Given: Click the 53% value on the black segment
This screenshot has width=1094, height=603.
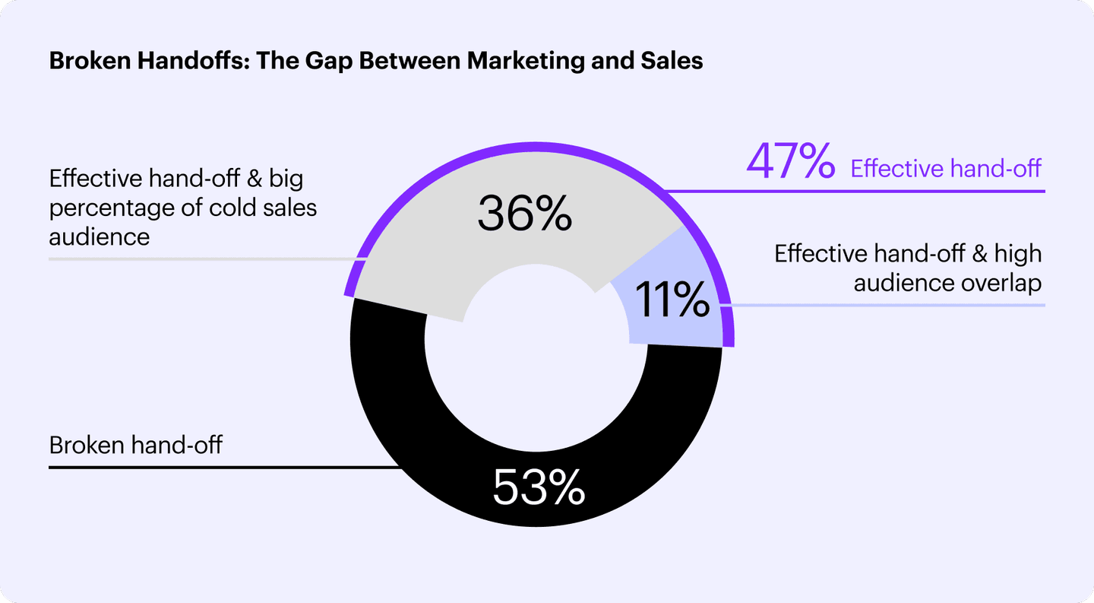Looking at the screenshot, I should click(539, 487).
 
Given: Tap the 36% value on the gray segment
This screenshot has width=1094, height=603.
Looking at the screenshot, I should click(524, 214).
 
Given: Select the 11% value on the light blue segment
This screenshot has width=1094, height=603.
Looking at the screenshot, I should click(672, 300).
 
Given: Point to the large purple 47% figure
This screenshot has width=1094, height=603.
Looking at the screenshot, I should click(791, 163).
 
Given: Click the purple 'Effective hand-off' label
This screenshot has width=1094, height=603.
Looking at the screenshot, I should click(946, 167).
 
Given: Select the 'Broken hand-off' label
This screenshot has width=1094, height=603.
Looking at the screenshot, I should click(136, 445).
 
